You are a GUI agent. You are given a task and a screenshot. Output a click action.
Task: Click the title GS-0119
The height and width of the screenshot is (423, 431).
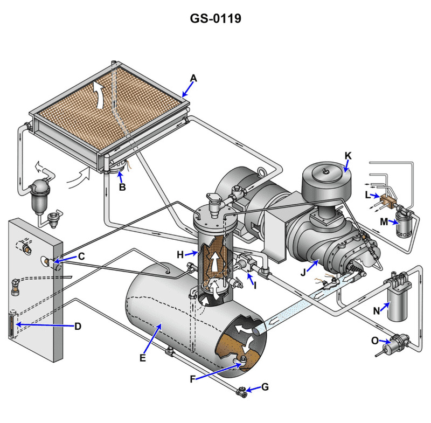[x=215, y=18]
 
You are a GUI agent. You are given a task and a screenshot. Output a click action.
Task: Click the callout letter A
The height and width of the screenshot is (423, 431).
[x=193, y=79]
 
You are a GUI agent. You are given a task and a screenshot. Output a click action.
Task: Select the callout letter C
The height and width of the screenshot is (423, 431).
[x=81, y=256]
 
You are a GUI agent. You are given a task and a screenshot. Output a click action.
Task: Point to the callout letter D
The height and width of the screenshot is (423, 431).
[x=78, y=326]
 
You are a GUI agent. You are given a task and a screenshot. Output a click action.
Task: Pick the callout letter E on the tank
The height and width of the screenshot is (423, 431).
[x=143, y=357]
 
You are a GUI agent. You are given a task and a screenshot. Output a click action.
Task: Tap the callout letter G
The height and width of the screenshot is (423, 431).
[x=264, y=387]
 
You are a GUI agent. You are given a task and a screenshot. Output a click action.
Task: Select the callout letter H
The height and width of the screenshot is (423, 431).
[x=181, y=253]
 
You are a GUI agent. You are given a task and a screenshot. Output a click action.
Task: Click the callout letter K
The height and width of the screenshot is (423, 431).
[x=348, y=155]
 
